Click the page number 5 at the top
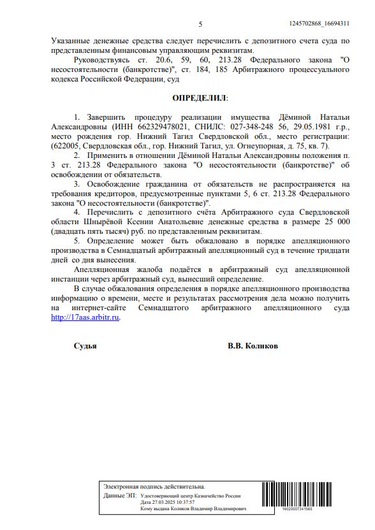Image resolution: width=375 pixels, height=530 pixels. [x=200, y=24]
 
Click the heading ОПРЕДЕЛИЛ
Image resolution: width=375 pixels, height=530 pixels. [x=200, y=98]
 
